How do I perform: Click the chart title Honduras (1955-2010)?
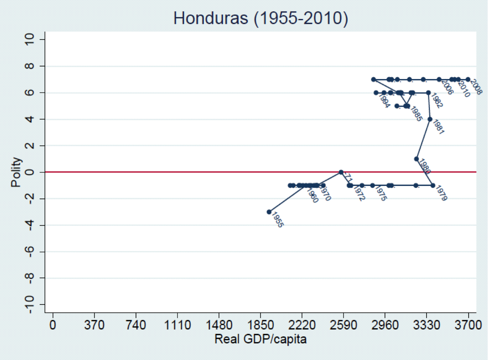(261, 18)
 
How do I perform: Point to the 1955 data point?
(269, 212)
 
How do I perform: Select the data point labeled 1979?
(433, 185)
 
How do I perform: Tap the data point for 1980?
(416, 159)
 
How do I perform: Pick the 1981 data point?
(430, 119)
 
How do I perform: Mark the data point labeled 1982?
(428, 93)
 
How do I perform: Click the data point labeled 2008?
(468, 79)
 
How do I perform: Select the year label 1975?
(381, 193)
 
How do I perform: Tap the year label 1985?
(416, 114)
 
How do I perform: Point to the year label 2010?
(464, 89)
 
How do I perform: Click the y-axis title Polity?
(16, 172)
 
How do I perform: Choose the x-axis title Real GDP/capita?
(260, 339)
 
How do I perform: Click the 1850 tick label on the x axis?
(260, 325)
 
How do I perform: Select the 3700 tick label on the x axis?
(468, 325)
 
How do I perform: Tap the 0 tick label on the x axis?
(53, 325)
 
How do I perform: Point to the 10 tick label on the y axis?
(29, 39)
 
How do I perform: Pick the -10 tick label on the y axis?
(29, 304)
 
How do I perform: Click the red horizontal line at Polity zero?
(183, 172)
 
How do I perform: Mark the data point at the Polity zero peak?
(341, 172)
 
